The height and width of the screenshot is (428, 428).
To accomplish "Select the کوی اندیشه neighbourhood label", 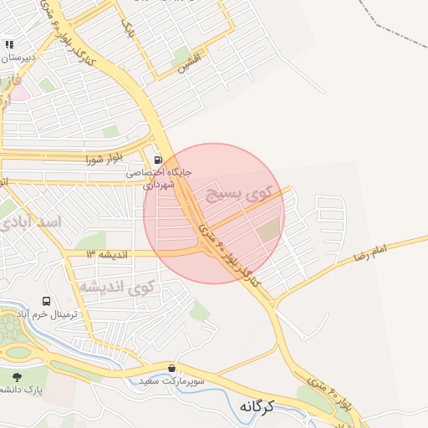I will (x=118, y=287).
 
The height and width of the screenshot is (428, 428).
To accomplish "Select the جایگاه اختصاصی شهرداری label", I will (x=159, y=178).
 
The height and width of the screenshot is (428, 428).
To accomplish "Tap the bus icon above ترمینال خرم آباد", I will (x=46, y=301).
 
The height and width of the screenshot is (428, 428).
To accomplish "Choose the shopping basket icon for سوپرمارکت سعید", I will (x=172, y=368).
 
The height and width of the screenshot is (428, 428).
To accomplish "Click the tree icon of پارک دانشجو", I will (x=17, y=376).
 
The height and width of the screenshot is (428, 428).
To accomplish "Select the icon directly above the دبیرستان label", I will (x=9, y=44).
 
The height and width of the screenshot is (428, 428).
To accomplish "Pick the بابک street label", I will (x=128, y=31).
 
